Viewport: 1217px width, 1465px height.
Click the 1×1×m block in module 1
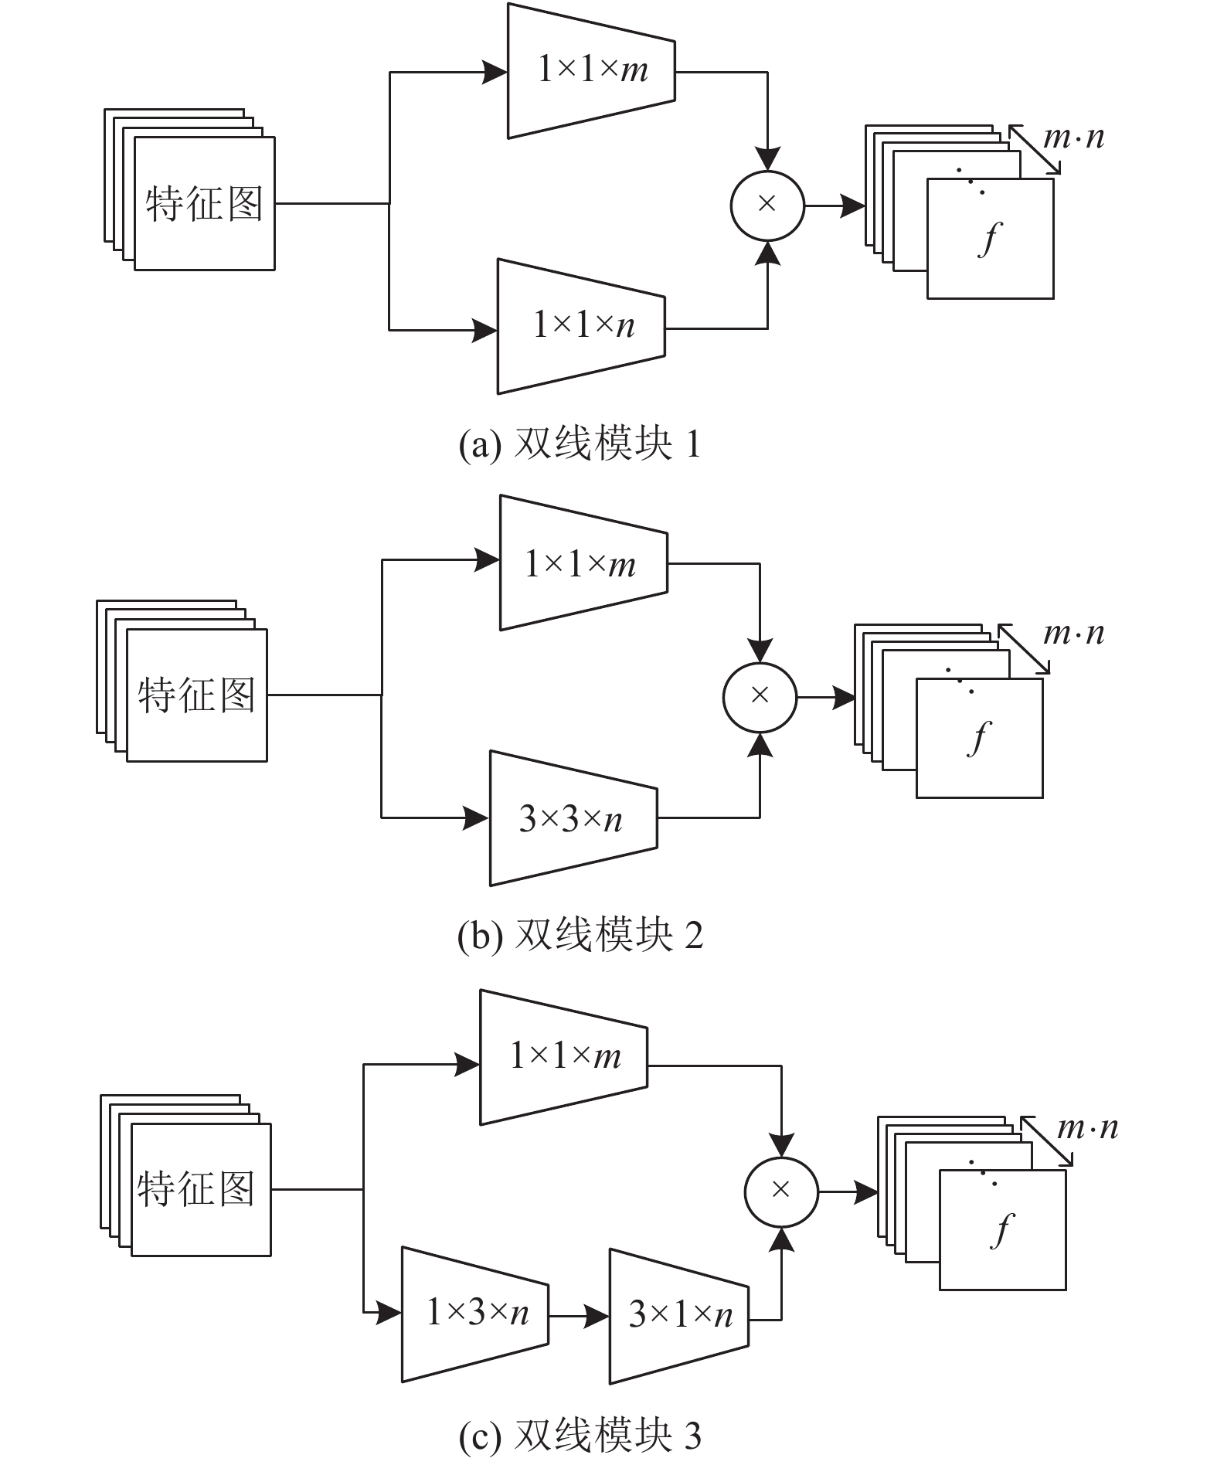pyautogui.click(x=591, y=71)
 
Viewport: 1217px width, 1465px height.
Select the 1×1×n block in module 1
pyautogui.click(x=581, y=326)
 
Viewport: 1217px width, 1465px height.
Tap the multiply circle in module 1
pyautogui.click(x=767, y=205)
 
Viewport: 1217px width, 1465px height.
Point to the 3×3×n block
pyautogui.click(x=573, y=818)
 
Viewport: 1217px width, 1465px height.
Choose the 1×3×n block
pyautogui.click(x=475, y=1314)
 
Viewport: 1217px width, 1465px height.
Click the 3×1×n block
pyautogui.click(x=679, y=1316)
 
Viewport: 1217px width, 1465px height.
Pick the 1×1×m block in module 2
pyautogui.click(x=583, y=563)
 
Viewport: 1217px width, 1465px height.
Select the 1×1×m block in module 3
pyautogui.click(x=564, y=1057)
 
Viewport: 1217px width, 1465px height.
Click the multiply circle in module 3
pyautogui.click(x=781, y=1191)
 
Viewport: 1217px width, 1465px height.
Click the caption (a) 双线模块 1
pyautogui.click(x=580, y=444)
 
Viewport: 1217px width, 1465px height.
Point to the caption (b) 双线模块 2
pyautogui.click(x=580, y=936)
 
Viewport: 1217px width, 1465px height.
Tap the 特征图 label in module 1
pyautogui.click(x=204, y=204)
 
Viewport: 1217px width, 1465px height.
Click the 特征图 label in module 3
pyautogui.click(x=196, y=1188)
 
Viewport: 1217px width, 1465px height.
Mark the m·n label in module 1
pyautogui.click(x=1073, y=138)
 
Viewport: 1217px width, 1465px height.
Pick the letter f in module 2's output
pyautogui.click(x=979, y=738)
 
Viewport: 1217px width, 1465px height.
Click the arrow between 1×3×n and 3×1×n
pyautogui.click(x=579, y=1315)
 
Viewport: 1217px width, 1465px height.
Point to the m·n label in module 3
pyautogui.click(x=1087, y=1129)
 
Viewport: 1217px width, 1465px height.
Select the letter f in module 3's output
pyautogui.click(x=1002, y=1231)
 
